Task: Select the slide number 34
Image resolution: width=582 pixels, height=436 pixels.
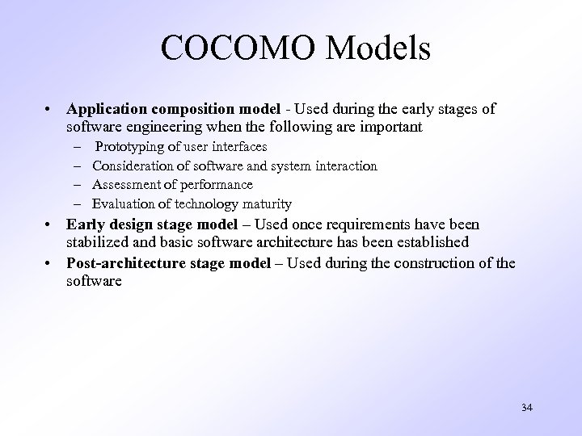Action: tap(526, 408)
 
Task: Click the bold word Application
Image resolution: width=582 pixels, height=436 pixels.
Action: tap(106, 109)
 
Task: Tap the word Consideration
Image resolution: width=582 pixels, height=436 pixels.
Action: tap(132, 166)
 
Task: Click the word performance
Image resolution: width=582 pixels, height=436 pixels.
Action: tap(213, 185)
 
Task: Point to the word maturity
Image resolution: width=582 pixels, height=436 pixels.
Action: tap(264, 204)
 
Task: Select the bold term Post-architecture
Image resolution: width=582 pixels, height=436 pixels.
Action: tap(129, 262)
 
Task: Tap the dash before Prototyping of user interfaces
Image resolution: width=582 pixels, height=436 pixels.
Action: tap(75, 147)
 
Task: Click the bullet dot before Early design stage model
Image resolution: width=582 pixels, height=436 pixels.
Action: tap(50, 224)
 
